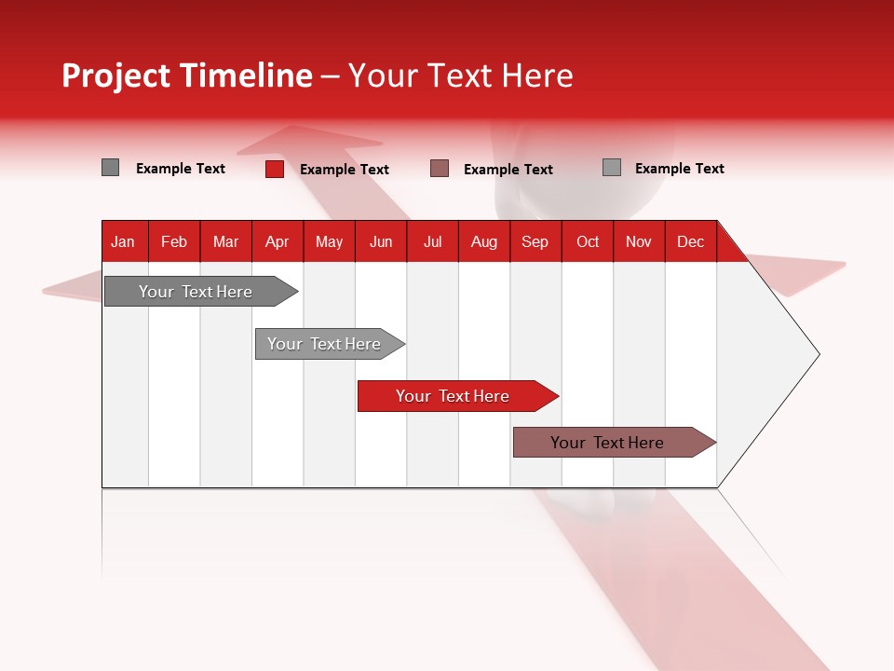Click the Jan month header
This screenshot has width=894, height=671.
(x=123, y=241)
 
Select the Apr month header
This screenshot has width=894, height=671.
(x=278, y=241)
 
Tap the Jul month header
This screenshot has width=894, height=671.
(x=432, y=241)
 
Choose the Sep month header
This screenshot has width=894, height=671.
(x=535, y=241)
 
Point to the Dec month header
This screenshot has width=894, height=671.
(x=690, y=241)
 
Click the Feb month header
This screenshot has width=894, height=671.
(x=174, y=241)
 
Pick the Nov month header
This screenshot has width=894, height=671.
(x=639, y=241)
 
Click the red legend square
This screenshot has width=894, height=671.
(x=274, y=169)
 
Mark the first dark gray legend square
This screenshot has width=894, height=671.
(x=110, y=168)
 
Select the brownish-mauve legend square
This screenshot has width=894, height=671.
(x=440, y=169)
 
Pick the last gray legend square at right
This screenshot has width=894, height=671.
(x=612, y=168)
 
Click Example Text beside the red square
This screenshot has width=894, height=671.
(x=345, y=170)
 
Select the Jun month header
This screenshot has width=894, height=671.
(x=381, y=241)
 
